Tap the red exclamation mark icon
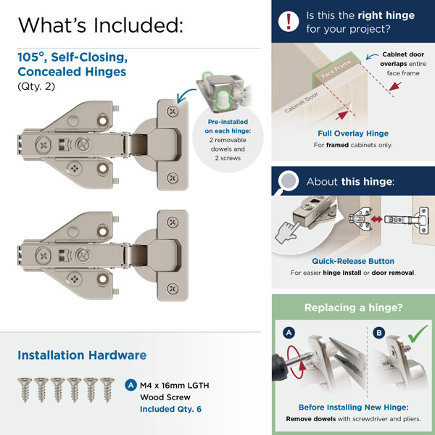coord(289,20)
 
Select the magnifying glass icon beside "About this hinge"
coord(288,181)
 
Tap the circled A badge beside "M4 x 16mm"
coord(130,385)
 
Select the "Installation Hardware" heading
coord(82,355)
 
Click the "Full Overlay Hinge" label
coord(353,133)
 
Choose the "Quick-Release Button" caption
coord(353,261)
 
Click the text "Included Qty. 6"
coord(172,408)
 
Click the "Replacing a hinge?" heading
coord(353,307)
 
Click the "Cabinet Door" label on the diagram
coord(302,107)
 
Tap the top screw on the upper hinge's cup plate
coord(171,112)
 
